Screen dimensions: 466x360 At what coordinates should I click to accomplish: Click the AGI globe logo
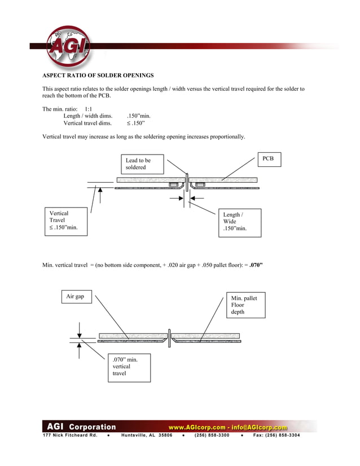coord(68,46)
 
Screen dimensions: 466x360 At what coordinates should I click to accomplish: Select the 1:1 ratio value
coord(89,108)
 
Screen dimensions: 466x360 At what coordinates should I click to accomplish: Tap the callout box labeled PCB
coord(268,159)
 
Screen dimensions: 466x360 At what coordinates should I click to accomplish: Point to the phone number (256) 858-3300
coord(212,436)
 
